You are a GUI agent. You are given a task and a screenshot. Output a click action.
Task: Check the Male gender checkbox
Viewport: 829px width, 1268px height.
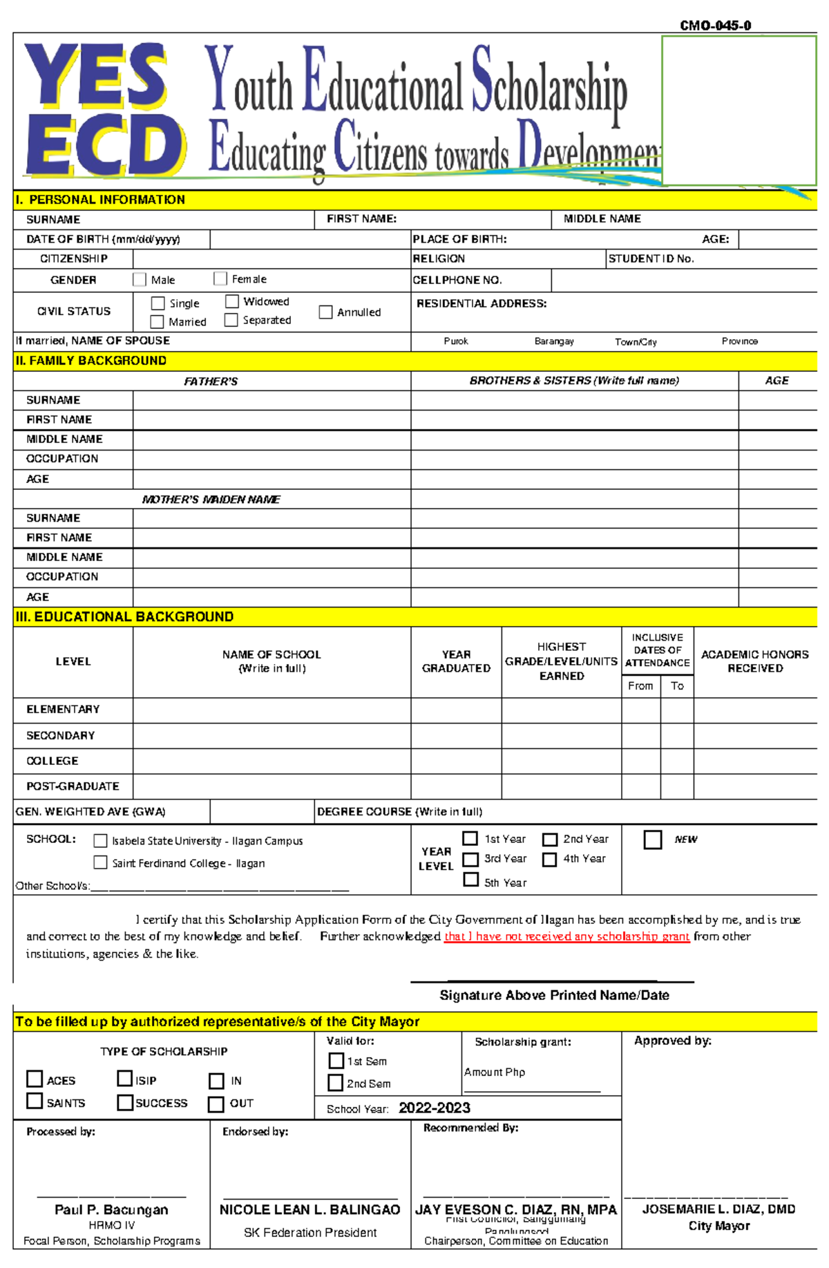[140, 279]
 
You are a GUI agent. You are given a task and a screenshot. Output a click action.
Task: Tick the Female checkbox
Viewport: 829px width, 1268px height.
[220, 278]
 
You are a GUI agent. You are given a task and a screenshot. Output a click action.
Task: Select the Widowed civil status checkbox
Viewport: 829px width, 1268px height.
[232, 301]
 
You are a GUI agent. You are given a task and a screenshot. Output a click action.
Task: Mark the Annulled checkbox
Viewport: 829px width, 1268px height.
[326, 312]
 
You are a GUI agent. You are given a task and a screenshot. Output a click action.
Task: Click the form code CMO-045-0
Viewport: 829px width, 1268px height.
[715, 26]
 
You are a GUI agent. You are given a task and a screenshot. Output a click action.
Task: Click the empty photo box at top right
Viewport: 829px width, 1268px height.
[739, 111]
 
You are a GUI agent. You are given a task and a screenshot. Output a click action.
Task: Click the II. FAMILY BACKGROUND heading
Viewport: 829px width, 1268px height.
[91, 361]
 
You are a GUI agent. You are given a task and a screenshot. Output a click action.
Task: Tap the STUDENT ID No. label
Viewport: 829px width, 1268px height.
[651, 258]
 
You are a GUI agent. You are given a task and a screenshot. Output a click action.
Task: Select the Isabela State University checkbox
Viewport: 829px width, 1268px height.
[100, 840]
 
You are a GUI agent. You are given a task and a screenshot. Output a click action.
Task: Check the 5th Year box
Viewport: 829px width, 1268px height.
[471, 880]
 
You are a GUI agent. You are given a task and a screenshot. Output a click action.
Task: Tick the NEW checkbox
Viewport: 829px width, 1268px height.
[653, 839]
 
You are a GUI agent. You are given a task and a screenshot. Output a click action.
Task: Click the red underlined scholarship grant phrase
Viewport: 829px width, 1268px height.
[566, 936]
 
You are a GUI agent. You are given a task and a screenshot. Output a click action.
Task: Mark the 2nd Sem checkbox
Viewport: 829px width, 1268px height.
[336, 1082]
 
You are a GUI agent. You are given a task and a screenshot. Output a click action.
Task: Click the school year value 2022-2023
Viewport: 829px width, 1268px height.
[434, 1108]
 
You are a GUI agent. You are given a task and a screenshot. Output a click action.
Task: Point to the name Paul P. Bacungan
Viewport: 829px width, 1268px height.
[111, 1209]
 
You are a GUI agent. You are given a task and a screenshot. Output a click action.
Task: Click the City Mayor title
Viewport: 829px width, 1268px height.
[718, 1225]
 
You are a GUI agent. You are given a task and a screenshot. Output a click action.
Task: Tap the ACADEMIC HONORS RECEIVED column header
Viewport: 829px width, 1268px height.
[754, 661]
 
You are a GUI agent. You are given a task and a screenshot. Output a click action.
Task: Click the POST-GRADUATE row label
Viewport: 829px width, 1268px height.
[73, 786]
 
